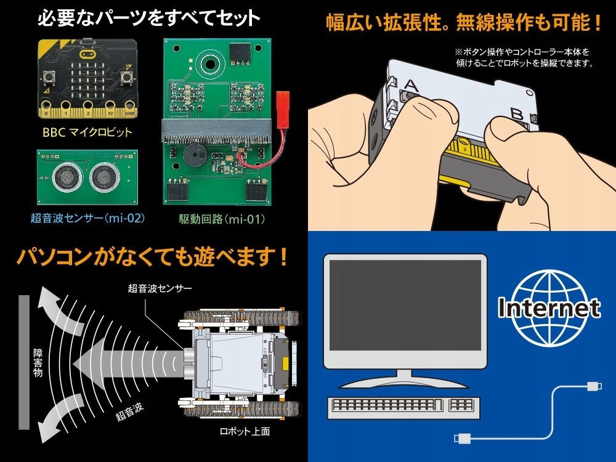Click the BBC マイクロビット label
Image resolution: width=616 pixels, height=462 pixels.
(x=87, y=132)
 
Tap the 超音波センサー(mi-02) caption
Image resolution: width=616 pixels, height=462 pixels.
(x=87, y=217)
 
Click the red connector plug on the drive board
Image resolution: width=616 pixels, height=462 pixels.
(x=283, y=100)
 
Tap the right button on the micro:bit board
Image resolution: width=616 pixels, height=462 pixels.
(x=127, y=78)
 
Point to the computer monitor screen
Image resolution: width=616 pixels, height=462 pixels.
(x=404, y=305)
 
